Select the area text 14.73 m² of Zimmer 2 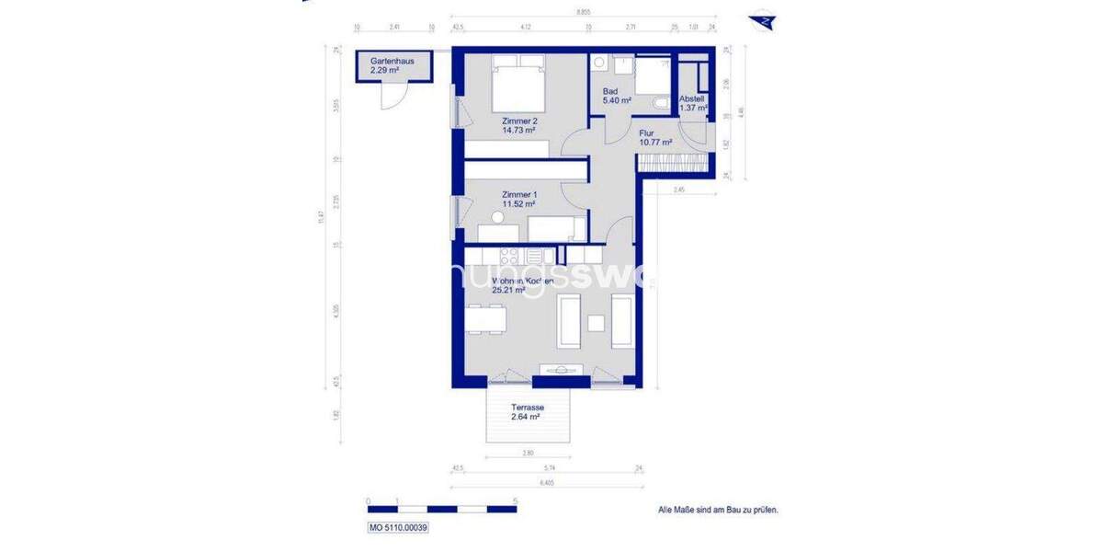(x=519, y=131)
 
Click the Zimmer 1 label (x=519, y=194)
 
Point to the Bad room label (x=609, y=91)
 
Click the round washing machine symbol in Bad (x=599, y=63)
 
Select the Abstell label (x=692, y=98)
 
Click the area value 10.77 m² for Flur (x=655, y=143)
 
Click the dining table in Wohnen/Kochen (x=485, y=318)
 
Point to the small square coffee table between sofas (x=596, y=322)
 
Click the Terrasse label (x=529, y=408)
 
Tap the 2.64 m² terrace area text (x=525, y=417)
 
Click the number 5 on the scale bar (x=516, y=500)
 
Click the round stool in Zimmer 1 (x=497, y=218)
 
